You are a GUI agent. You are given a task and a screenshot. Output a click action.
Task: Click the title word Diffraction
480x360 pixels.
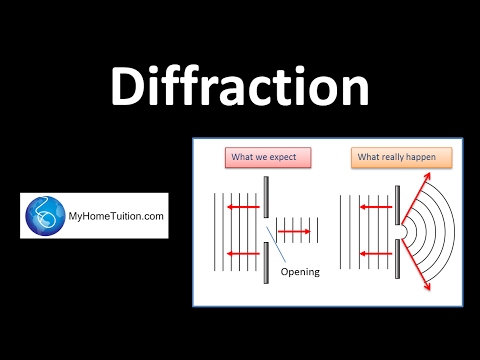click(240, 88)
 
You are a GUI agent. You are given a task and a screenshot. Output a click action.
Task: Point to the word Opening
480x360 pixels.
click(300, 272)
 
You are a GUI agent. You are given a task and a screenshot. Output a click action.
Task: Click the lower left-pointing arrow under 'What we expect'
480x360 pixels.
click(245, 255)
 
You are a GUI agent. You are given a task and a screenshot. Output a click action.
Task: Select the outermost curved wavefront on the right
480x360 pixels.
click(453, 233)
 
